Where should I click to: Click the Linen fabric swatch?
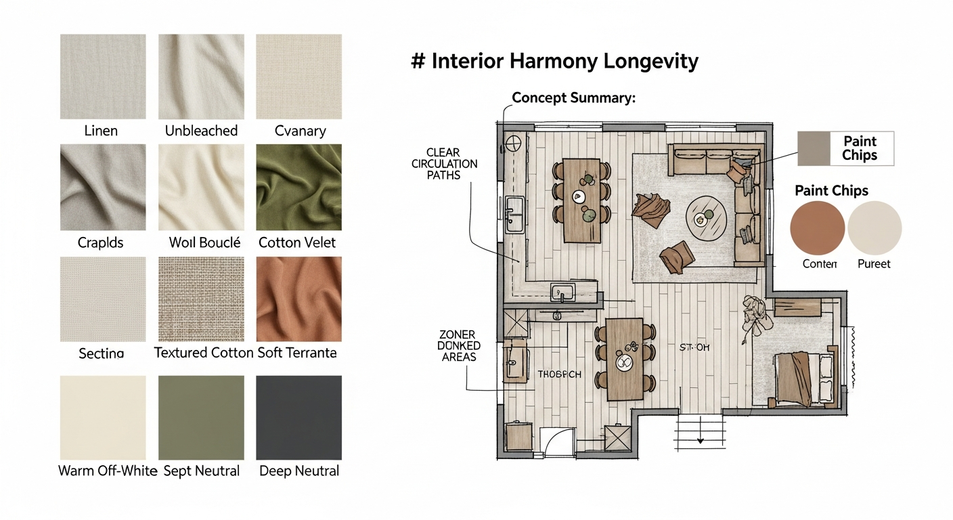[103, 77]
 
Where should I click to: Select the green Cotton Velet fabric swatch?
[298, 187]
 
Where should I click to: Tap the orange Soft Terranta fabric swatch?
[298, 299]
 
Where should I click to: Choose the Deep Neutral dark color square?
[298, 418]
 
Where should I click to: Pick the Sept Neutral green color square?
[201, 418]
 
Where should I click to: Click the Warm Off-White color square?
[103, 418]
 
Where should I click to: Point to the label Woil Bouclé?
[204, 242]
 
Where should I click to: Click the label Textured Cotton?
[204, 353]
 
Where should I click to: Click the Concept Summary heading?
[574, 97]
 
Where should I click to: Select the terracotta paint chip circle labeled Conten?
[818, 228]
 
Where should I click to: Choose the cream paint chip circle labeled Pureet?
[874, 228]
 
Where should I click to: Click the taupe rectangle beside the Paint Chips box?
[814, 148]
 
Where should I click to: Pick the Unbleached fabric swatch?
[201, 77]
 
